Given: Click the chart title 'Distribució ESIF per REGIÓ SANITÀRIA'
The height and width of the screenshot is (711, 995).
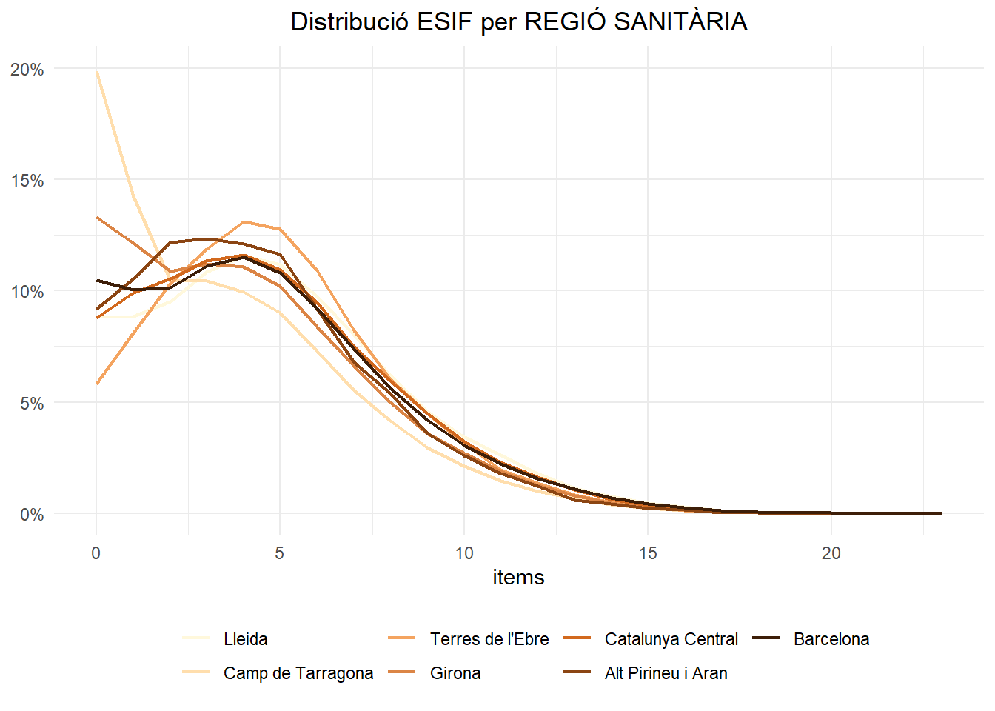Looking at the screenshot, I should (x=518, y=21).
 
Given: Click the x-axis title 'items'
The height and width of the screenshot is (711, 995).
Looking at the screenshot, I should (x=518, y=577).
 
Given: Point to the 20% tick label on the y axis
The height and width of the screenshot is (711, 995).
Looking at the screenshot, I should (x=27, y=70).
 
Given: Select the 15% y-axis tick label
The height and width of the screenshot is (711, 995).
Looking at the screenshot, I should (x=27, y=181).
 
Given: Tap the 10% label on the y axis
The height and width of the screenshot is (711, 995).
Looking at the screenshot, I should (x=27, y=292).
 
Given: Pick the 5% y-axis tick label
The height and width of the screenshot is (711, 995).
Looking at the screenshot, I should (x=32, y=404).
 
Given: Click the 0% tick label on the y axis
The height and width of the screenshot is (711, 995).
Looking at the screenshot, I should (x=32, y=515).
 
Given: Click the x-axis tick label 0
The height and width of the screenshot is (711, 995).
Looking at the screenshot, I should (x=96, y=553).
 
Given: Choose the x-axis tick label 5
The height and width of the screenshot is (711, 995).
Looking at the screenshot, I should (x=280, y=553).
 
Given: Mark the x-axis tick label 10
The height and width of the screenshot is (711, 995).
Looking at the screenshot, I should (x=464, y=553).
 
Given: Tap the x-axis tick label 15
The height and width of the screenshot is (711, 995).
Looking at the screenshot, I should (x=648, y=553).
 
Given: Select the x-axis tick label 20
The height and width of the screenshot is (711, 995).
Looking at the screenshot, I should (x=831, y=553).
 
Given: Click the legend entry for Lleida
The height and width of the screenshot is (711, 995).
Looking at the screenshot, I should (x=245, y=639).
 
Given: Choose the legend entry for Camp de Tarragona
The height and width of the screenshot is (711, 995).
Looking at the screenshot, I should (x=298, y=673).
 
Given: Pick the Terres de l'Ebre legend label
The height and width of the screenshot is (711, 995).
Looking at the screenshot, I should (x=489, y=639).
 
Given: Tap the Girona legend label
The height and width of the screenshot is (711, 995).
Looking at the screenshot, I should (x=455, y=673).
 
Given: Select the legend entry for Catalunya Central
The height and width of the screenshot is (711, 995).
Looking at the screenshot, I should (x=671, y=639).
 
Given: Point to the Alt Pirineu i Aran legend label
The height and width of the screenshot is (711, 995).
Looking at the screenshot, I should (x=666, y=673).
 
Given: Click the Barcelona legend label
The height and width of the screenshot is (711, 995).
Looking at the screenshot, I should (x=831, y=639).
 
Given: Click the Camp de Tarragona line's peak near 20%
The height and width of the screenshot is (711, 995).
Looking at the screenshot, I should (x=97, y=72).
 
